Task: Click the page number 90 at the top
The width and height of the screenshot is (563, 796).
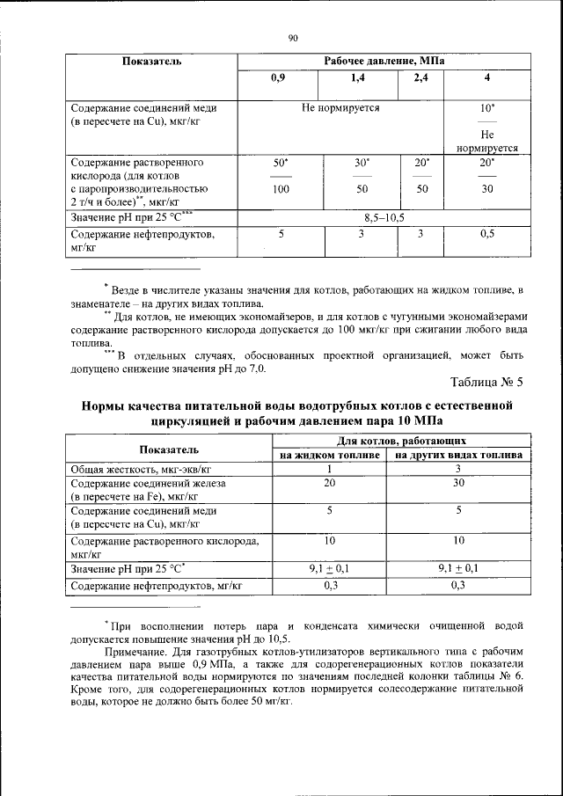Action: point(294,37)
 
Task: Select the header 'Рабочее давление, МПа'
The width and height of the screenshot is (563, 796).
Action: point(384,62)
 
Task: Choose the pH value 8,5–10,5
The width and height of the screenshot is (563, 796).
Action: point(384,217)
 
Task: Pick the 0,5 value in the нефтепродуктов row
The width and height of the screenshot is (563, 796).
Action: point(486,234)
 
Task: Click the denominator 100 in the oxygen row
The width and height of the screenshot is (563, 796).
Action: point(281,188)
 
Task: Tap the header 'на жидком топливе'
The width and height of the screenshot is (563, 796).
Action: point(330,456)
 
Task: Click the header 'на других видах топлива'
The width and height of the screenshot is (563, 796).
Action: point(458,456)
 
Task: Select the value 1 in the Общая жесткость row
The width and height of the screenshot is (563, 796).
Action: point(330,470)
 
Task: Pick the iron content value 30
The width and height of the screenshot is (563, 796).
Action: point(458,483)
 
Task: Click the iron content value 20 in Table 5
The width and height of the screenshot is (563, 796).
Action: point(330,483)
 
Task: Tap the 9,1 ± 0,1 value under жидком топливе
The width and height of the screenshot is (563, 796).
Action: point(330,569)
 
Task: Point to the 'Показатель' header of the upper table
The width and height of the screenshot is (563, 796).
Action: point(151,62)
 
